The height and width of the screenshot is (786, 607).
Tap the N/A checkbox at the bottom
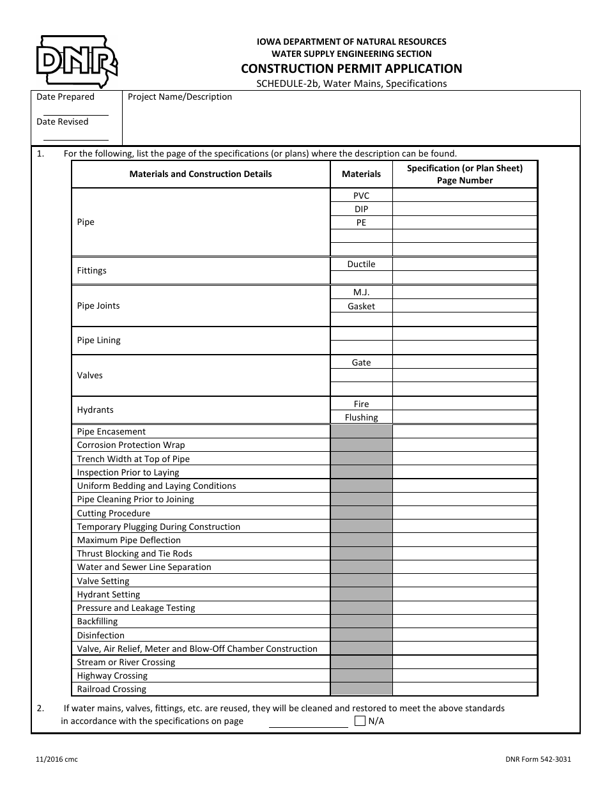pos(360,721)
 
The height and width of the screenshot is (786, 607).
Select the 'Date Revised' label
pos(63,121)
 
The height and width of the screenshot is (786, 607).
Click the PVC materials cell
pos(361,196)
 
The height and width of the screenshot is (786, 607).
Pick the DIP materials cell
pos(361,209)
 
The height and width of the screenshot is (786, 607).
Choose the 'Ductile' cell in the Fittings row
pos(361,264)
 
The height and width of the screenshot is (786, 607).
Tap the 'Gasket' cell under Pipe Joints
pos(361,306)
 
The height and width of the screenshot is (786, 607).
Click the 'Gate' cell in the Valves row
pos(361,362)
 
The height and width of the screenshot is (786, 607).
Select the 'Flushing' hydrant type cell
pos(361,417)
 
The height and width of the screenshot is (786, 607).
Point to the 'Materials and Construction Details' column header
pos(201,174)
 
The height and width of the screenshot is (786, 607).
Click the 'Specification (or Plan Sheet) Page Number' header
pos(465,174)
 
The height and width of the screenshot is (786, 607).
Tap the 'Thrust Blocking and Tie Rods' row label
pos(135,553)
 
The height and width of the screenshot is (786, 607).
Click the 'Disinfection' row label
pos(101,635)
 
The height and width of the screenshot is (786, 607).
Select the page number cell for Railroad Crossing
pos(465,689)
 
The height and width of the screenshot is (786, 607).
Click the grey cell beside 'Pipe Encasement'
pos(361,431)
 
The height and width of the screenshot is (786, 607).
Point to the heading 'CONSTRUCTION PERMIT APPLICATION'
pos(351,68)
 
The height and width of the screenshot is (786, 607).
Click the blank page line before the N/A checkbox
pos(308,722)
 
